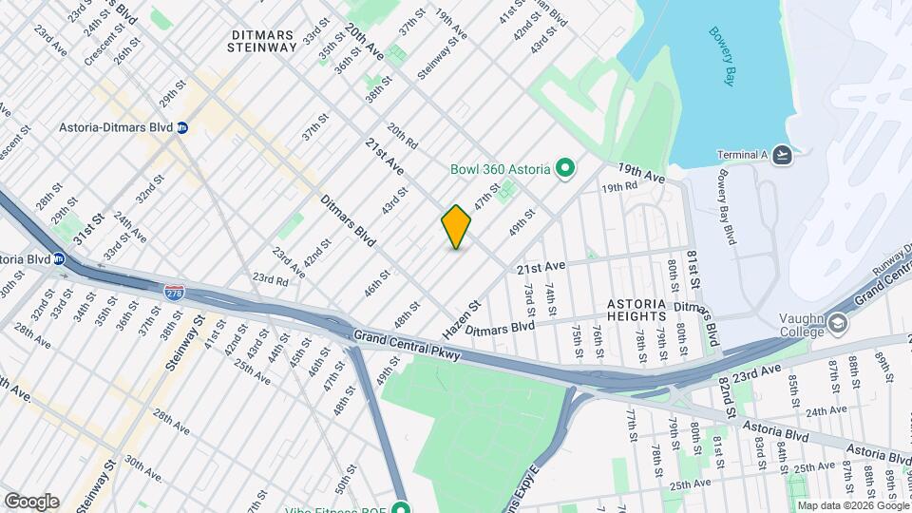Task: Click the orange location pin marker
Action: (x=456, y=227)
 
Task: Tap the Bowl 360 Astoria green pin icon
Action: (x=565, y=169)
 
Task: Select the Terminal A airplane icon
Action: (x=782, y=155)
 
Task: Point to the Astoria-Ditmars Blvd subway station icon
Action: (x=181, y=127)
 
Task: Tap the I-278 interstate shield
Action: (x=174, y=294)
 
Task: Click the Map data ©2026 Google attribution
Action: (x=851, y=505)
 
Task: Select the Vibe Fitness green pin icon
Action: (x=401, y=506)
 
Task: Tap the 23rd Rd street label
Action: (x=269, y=280)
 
